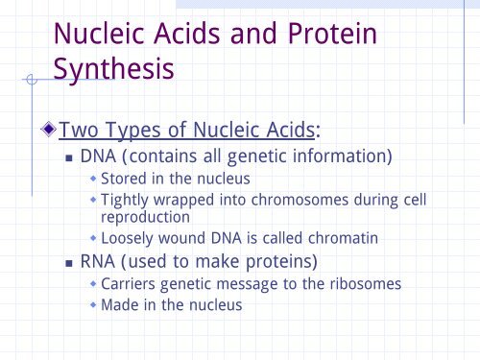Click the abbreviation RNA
click(99, 261)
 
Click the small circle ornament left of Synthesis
click(33, 82)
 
